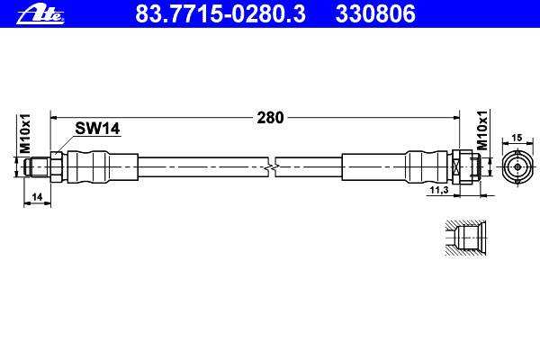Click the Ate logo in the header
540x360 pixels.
point(40,15)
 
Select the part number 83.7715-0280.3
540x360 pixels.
point(220,14)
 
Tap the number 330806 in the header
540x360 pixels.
point(375,14)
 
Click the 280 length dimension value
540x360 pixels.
point(270,118)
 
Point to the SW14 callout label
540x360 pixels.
point(97,129)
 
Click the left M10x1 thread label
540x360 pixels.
point(25,134)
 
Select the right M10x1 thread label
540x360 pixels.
point(482,130)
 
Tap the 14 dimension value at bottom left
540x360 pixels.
point(37,197)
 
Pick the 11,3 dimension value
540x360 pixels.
point(439,190)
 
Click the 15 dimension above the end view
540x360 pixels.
point(517,138)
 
